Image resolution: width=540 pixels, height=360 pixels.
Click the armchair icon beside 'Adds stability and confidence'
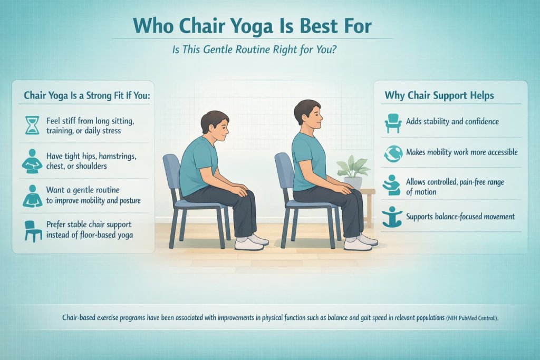pos(393,122)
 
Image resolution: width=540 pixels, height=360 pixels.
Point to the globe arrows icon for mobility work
pos(393,152)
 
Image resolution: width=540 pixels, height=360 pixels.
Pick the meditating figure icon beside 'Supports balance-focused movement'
pos(393,217)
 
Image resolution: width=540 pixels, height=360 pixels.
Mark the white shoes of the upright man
pos(362,242)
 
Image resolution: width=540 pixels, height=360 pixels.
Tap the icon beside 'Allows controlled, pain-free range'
pos(393,186)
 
